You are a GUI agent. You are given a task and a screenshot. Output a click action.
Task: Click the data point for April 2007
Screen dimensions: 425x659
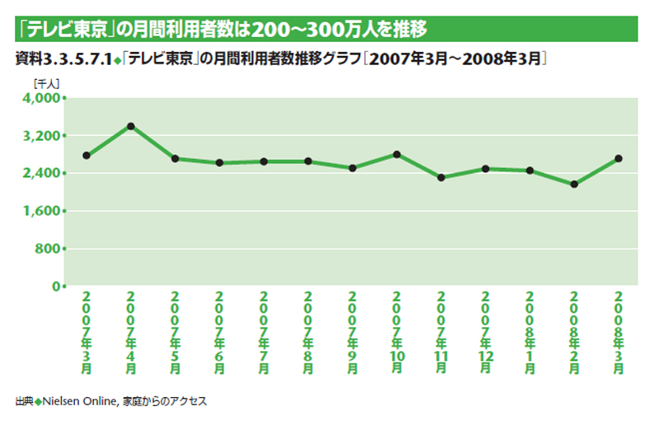click(x=130, y=126)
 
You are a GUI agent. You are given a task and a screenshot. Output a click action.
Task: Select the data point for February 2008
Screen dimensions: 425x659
click(x=574, y=184)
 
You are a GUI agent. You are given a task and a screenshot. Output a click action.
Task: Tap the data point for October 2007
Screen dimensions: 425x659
click(x=397, y=154)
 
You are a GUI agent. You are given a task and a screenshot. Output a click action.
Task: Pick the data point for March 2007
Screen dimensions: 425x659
click(x=86, y=156)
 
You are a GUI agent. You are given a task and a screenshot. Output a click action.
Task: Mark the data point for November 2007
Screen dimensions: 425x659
click(x=442, y=178)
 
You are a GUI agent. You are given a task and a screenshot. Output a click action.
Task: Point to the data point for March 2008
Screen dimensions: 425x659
click(x=619, y=158)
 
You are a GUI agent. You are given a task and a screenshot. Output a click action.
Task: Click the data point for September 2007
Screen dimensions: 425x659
click(x=353, y=168)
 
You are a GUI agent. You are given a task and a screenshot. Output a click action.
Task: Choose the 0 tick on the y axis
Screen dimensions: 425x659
click(x=56, y=287)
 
